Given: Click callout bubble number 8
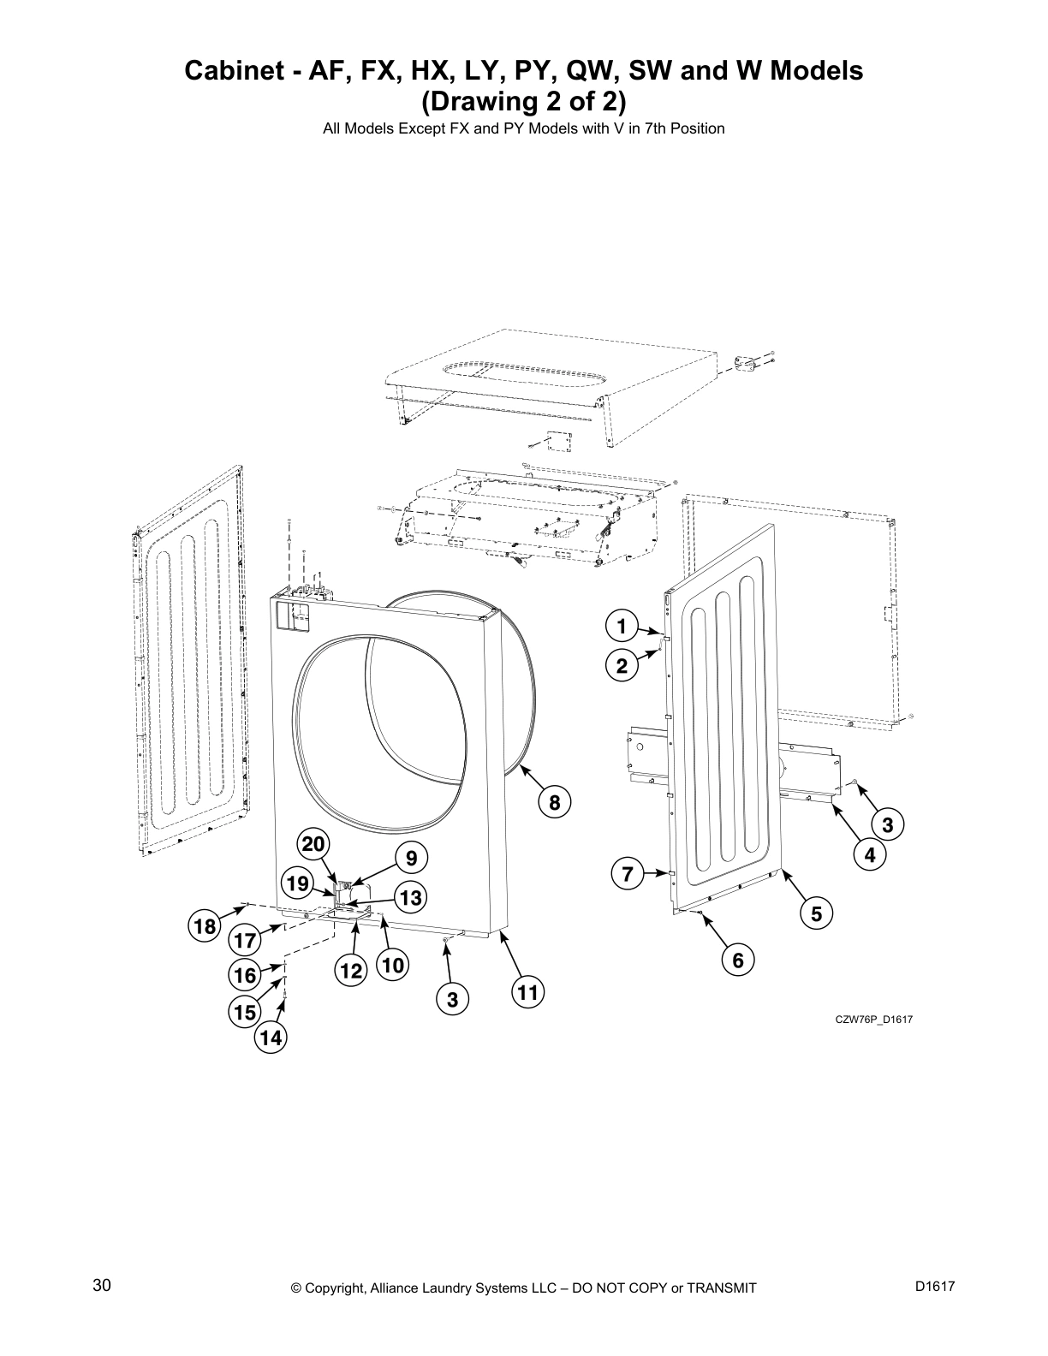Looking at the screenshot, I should point(554,802).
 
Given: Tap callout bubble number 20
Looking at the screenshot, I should point(313,845).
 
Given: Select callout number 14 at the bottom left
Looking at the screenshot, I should point(270,1038).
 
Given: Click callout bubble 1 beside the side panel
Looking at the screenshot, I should point(622,626).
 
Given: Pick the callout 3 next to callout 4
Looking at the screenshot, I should point(887,824).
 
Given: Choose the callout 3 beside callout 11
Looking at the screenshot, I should point(452,999).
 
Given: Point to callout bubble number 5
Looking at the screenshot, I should point(816,914).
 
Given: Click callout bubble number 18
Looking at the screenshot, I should point(205,926).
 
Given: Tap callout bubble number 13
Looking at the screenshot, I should point(410,897).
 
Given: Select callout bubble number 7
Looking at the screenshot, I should point(627,874).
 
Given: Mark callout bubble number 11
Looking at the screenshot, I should point(527,993).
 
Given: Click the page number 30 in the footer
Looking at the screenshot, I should point(102,1285).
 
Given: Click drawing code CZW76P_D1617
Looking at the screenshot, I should point(868,1019).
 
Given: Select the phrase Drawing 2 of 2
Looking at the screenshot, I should point(523,101).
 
